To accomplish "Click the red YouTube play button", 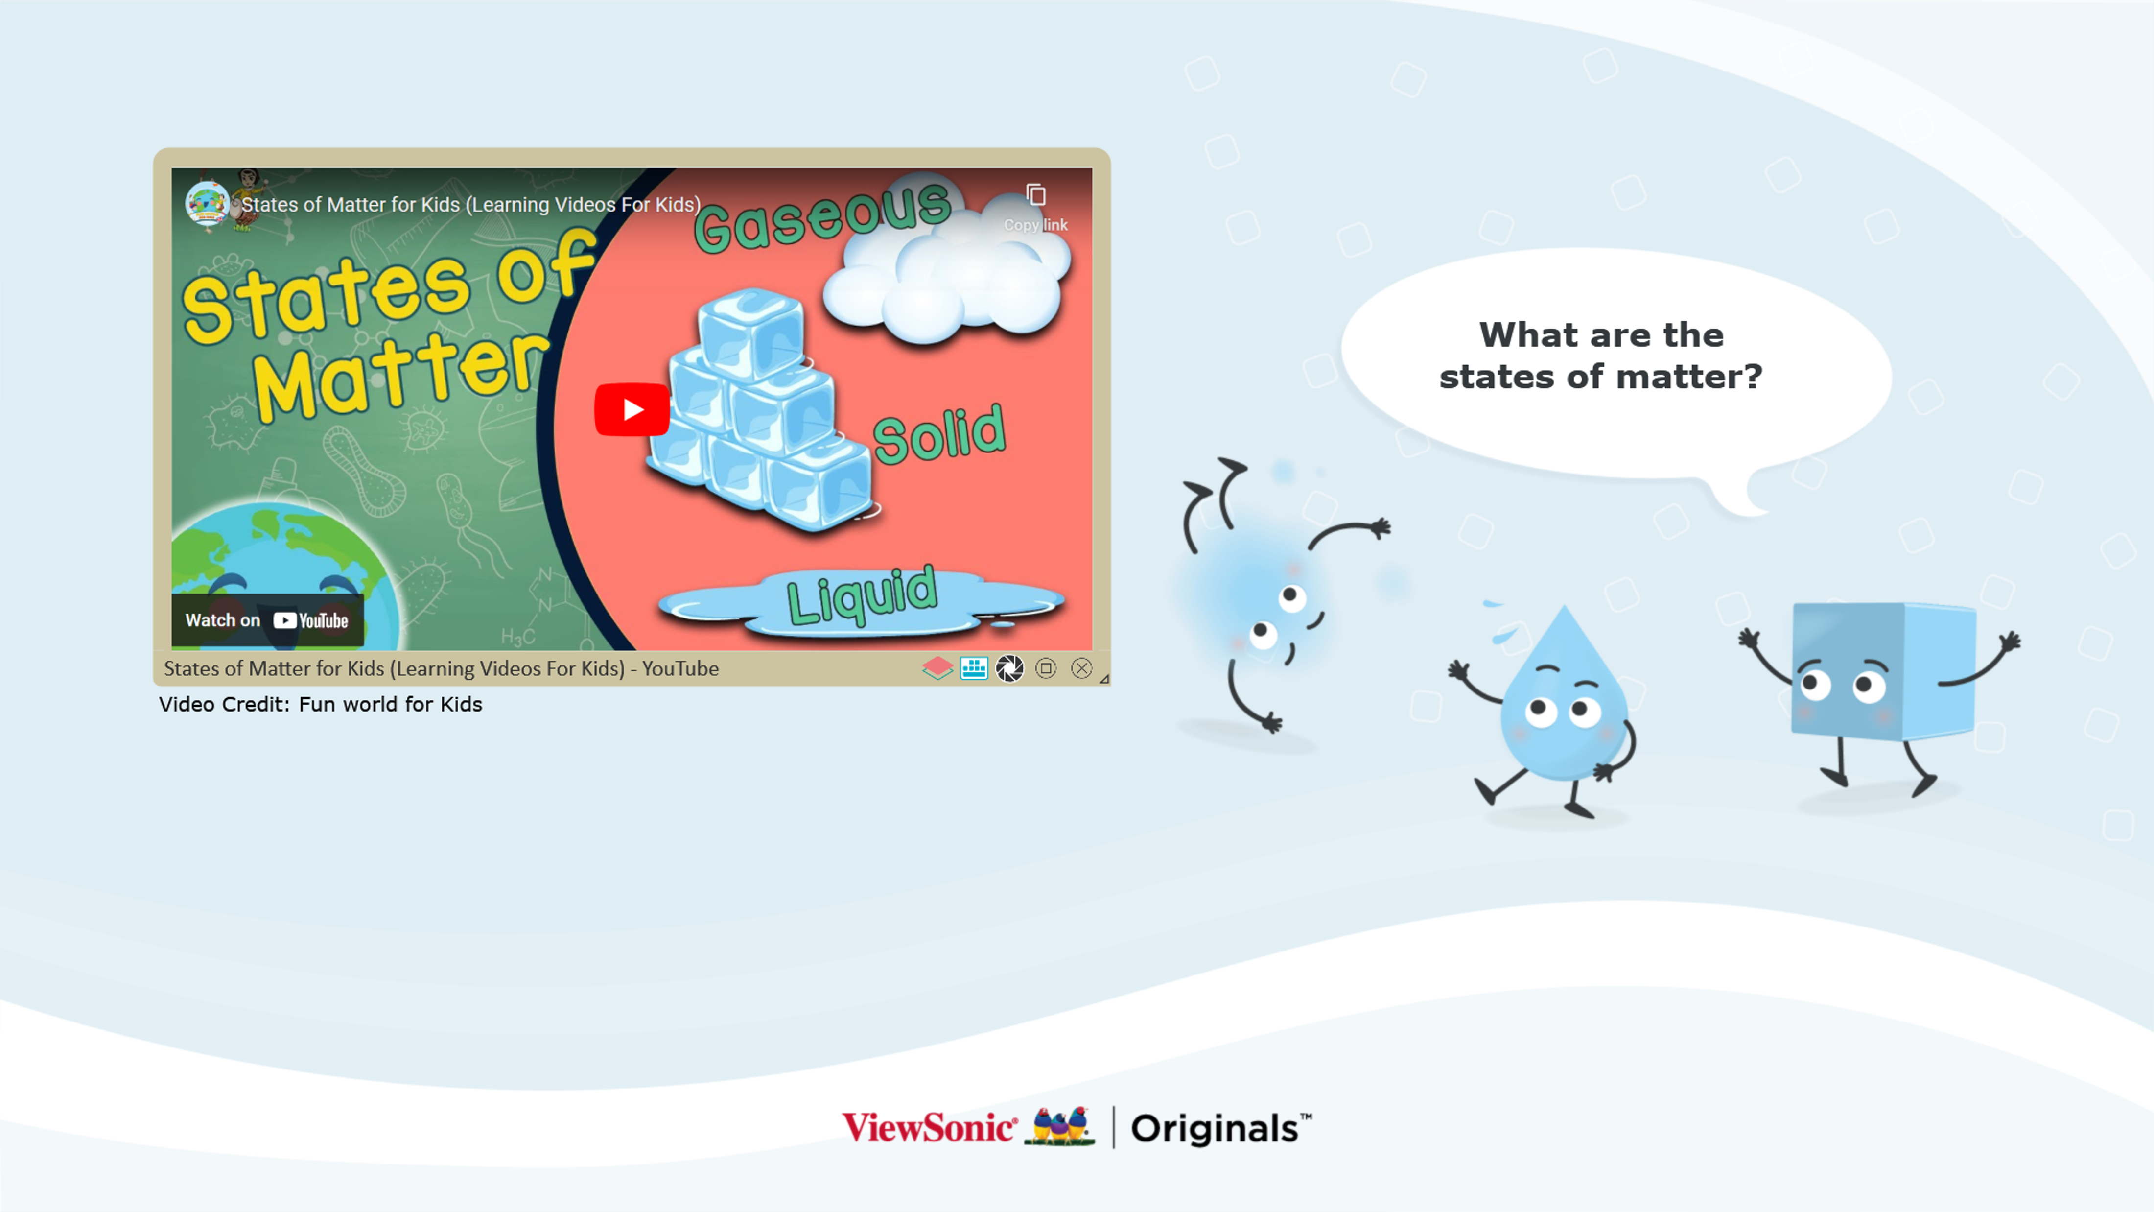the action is pyautogui.click(x=632, y=409).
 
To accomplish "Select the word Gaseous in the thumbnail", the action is pyautogui.click(x=823, y=216).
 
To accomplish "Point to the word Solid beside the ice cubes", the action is pyautogui.click(x=939, y=433).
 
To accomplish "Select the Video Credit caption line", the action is pyautogui.click(x=320, y=704).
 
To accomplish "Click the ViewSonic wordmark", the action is pyautogui.click(x=929, y=1127).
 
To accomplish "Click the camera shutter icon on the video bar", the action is pyautogui.click(x=1009, y=668).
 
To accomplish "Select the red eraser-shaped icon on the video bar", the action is pyautogui.click(x=937, y=668).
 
